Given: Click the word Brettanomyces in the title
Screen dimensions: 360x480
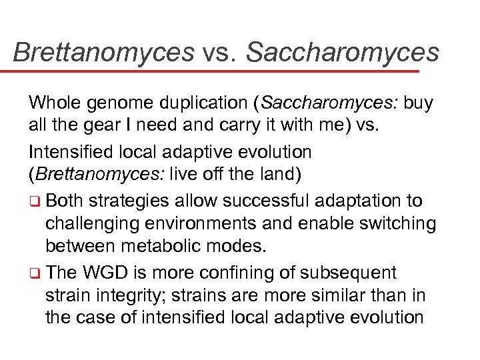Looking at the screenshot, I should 103,52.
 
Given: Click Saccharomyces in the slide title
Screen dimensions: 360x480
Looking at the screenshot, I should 343,52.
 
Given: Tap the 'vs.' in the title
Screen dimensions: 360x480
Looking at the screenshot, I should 220,52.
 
